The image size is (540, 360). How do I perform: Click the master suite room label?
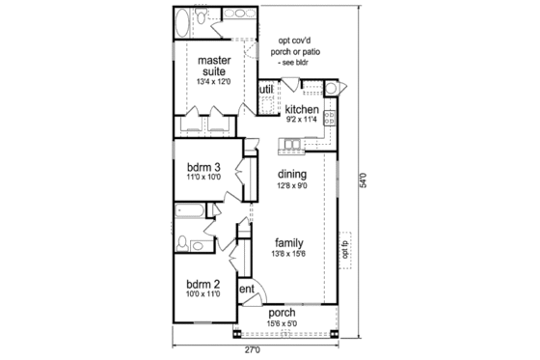click(x=213, y=65)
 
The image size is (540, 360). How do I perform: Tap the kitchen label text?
click(x=302, y=109)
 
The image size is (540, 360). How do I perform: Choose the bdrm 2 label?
click(x=203, y=283)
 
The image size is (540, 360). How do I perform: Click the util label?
click(x=265, y=91)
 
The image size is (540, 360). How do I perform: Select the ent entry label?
click(x=247, y=288)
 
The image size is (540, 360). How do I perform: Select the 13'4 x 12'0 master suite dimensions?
click(x=213, y=81)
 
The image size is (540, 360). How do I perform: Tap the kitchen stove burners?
click(x=330, y=118)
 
